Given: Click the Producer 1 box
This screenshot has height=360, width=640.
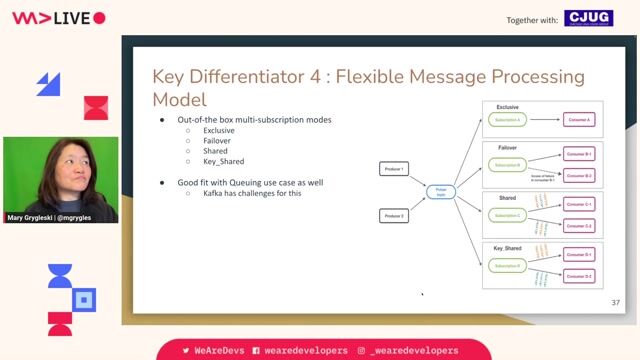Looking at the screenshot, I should click(x=395, y=169).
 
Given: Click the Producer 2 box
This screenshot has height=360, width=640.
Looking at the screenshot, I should click(x=395, y=215).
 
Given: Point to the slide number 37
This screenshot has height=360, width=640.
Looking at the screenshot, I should click(x=615, y=303).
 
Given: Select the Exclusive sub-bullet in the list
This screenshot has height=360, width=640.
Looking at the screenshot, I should click(x=219, y=130).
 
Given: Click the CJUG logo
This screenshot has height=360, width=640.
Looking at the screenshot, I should click(x=589, y=18).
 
